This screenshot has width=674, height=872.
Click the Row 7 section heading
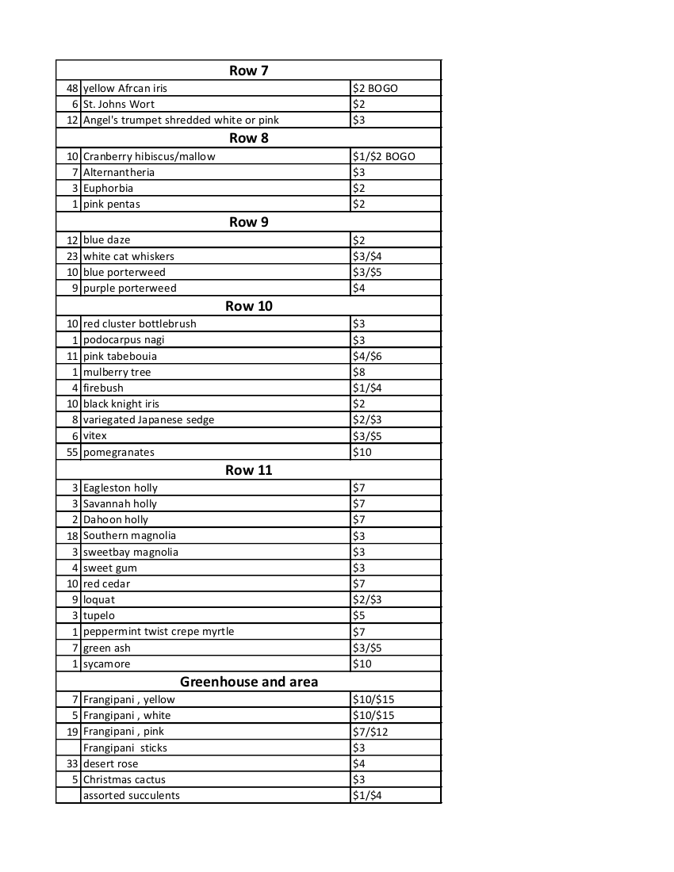(x=248, y=71)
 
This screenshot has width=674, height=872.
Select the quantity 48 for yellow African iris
(x=73, y=88)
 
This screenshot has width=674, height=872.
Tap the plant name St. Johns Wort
(x=119, y=104)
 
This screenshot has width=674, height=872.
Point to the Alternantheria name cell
(x=119, y=172)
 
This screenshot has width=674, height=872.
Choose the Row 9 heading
(x=248, y=222)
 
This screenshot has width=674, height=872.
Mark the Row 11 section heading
(x=248, y=470)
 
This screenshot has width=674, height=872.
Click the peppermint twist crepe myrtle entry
(x=159, y=631)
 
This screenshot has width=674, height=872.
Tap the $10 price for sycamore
(x=362, y=664)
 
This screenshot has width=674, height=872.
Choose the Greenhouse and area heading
(x=248, y=682)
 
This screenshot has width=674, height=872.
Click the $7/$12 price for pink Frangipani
(x=370, y=731)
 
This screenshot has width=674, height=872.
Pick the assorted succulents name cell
(x=132, y=795)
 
